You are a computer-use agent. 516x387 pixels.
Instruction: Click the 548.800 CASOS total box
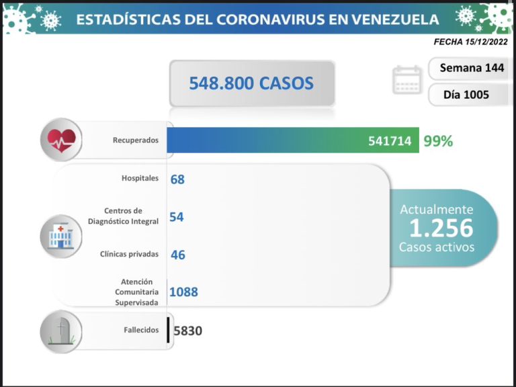(x=251, y=83)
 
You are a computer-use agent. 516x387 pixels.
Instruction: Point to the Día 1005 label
(x=466, y=95)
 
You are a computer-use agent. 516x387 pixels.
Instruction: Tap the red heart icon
(x=61, y=140)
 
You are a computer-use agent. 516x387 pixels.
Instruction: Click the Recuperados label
(x=136, y=140)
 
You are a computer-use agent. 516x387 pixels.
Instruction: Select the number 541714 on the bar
(x=390, y=141)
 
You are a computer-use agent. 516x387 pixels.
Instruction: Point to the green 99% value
(x=438, y=141)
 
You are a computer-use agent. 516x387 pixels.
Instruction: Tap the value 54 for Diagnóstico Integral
(x=177, y=216)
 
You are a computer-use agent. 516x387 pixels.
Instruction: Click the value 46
(x=177, y=255)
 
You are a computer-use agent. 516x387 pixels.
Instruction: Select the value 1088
(x=183, y=292)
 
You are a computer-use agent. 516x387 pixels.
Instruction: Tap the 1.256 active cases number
(x=441, y=228)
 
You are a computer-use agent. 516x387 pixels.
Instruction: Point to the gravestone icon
(x=61, y=331)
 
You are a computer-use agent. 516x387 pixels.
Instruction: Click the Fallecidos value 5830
(x=187, y=331)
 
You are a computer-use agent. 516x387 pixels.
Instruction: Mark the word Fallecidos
(x=140, y=330)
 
